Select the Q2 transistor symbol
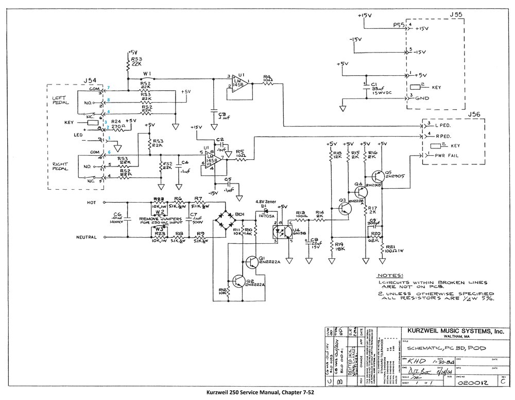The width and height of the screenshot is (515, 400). pos(238,281)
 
